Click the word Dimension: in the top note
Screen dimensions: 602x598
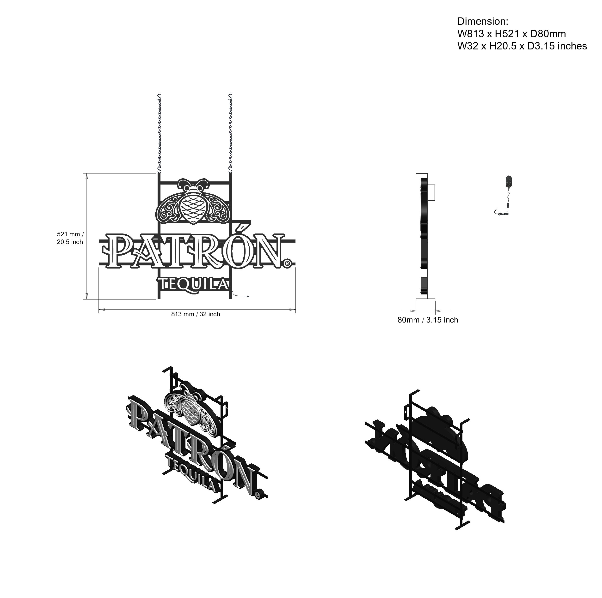pyautogui.click(x=483, y=22)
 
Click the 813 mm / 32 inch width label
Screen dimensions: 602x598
pyautogui.click(x=196, y=314)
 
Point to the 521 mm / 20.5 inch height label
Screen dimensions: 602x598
pyautogui.click(x=70, y=238)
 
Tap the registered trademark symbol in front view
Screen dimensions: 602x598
pyautogui.click(x=287, y=264)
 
